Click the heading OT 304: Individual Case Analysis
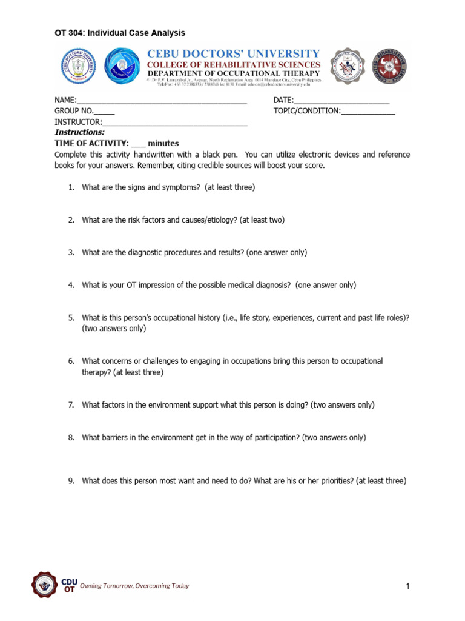[x=120, y=33]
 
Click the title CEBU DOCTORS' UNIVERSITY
[x=234, y=54]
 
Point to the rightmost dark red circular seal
[x=389, y=66]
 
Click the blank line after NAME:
[x=162, y=101]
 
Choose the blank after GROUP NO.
[x=104, y=112]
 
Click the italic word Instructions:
[x=80, y=132]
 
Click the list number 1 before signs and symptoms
[x=71, y=187]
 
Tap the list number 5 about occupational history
[x=71, y=318]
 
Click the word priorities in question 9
[x=333, y=482]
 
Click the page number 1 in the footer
[x=408, y=586]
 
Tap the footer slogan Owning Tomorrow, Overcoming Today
[x=139, y=586]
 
